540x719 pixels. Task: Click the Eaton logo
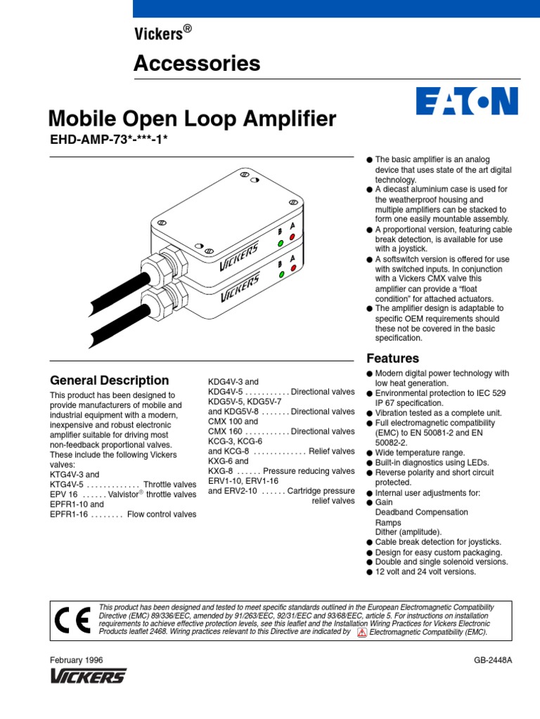coord(467,101)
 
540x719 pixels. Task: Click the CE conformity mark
coord(71,619)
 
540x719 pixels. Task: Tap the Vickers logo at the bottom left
coord(88,676)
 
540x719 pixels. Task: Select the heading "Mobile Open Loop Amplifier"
coord(191,119)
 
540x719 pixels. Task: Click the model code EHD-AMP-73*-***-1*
coord(109,139)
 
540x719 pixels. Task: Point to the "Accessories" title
coord(197,64)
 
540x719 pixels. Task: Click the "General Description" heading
coord(109,381)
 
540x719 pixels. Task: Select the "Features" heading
coord(393,358)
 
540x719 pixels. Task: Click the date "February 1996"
coord(76,661)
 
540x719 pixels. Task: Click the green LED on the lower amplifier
coord(281,275)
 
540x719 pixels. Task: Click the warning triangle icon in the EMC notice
coord(362,632)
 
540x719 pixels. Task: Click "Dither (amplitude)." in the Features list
coord(409,532)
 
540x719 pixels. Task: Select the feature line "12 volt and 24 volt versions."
coord(426,572)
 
